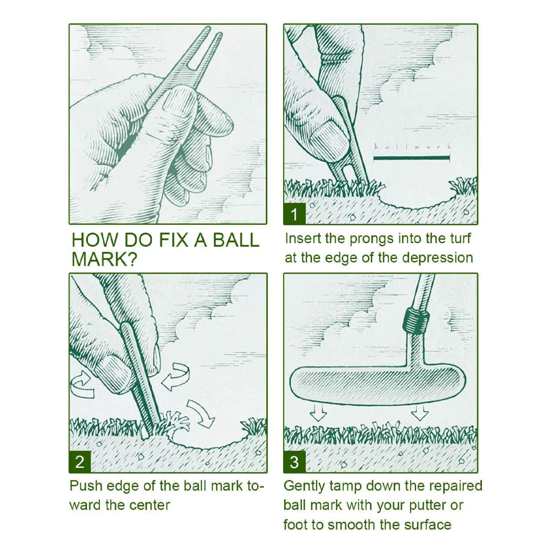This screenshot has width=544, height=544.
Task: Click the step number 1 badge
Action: tap(294, 214)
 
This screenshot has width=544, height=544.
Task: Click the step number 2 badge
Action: tap(80, 462)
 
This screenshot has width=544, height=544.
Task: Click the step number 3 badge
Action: tap(294, 462)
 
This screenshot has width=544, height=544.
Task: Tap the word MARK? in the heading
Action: tap(104, 259)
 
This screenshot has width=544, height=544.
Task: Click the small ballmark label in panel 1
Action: tap(412, 146)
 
